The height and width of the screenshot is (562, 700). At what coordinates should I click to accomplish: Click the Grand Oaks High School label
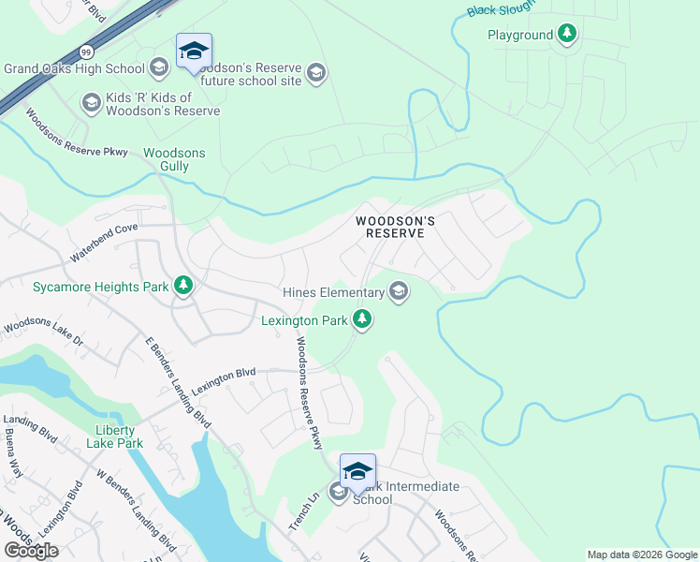(74, 68)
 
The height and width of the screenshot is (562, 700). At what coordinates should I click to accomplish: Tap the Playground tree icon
(567, 36)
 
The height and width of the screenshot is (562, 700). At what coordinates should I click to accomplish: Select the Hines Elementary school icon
(399, 293)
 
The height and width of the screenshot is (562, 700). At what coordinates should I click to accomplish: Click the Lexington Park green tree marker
(362, 321)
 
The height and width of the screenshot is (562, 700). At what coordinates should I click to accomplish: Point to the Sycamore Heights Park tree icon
(183, 286)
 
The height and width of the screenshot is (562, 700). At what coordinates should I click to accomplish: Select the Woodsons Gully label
(174, 159)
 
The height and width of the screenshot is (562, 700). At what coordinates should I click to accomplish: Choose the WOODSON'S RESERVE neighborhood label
(396, 227)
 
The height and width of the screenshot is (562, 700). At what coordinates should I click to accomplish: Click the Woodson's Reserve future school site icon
(316, 74)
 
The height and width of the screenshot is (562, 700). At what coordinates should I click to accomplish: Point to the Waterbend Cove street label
(104, 242)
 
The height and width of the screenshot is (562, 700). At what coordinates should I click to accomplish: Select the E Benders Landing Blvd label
(176, 380)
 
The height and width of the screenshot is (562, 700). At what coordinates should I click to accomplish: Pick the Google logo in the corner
(30, 550)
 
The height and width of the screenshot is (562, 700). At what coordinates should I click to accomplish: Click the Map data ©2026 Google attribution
(641, 555)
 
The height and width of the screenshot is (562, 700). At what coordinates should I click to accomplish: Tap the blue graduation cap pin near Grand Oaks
(194, 52)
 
